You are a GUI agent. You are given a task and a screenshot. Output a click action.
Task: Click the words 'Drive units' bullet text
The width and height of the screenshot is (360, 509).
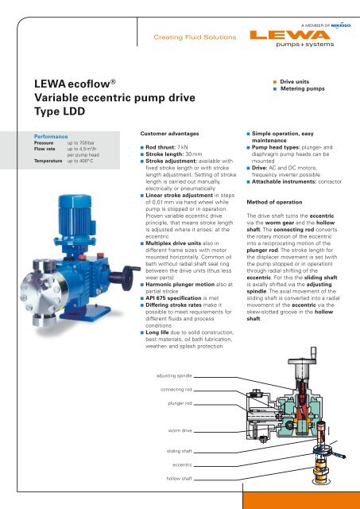pos(298,81)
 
